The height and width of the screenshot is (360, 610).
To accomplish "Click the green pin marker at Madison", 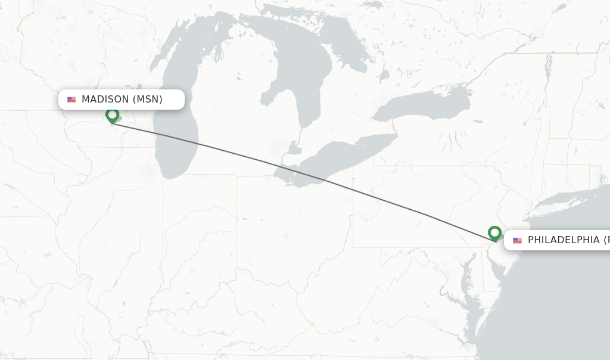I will (112, 114).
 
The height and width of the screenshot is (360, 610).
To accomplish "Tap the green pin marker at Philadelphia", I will (494, 232).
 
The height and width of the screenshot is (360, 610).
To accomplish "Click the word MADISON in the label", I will (105, 100).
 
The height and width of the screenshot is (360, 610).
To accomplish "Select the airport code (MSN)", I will (147, 100).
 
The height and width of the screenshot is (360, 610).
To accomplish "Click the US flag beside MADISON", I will (71, 100).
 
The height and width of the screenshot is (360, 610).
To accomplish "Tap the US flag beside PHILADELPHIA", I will (517, 240).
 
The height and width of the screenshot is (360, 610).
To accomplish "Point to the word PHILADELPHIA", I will (564, 240).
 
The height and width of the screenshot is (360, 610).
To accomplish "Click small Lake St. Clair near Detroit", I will (294, 148).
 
